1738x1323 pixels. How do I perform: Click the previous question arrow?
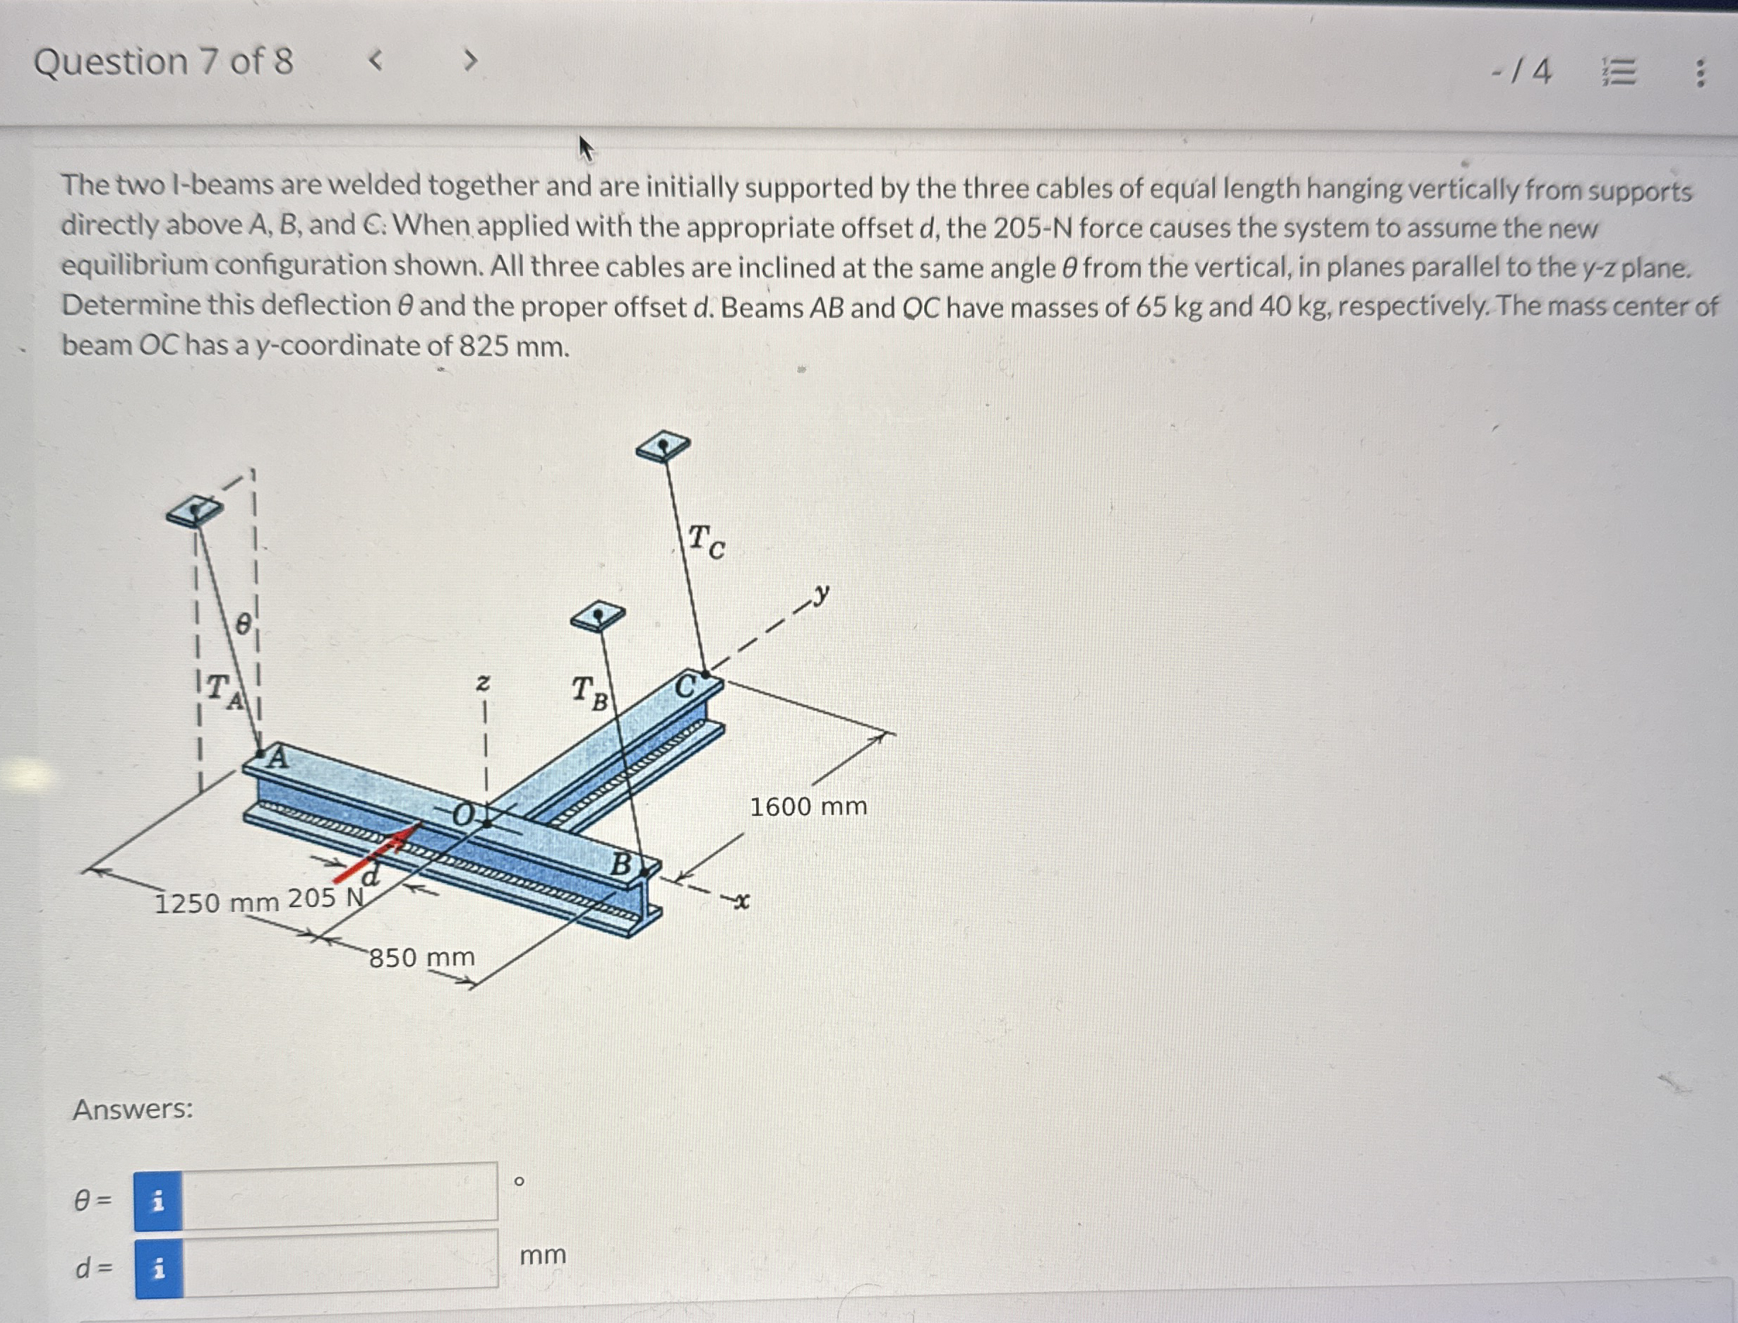click(x=376, y=60)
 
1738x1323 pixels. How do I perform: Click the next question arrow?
click(x=470, y=60)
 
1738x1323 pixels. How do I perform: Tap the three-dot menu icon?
click(x=1700, y=73)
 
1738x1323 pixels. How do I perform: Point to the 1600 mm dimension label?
click(x=808, y=807)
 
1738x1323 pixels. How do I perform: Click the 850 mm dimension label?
click(x=422, y=958)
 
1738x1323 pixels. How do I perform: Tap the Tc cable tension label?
click(x=706, y=541)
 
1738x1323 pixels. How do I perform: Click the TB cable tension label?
click(x=589, y=692)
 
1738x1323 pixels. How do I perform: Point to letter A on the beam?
click(x=277, y=758)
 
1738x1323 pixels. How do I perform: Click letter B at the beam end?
click(x=621, y=864)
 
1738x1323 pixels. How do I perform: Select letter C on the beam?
click(x=685, y=686)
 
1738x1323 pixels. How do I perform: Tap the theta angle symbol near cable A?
click(x=244, y=624)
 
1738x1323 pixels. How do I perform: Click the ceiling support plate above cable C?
click(x=663, y=446)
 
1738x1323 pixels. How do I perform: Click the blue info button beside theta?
click(x=158, y=1201)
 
